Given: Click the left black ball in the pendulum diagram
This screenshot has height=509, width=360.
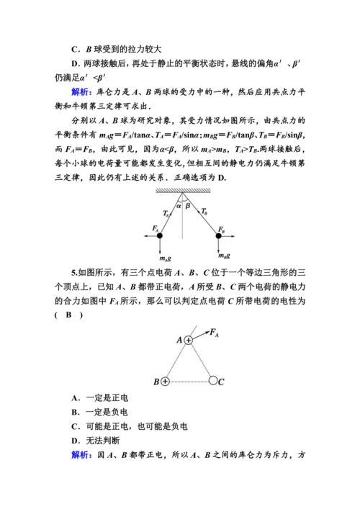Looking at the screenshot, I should click(x=158, y=235).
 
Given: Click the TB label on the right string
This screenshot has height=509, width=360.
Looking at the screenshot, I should click(x=204, y=212).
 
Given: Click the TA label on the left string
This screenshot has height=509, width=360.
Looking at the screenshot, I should click(x=166, y=213).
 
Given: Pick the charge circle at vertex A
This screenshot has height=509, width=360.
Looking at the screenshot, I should click(x=189, y=339).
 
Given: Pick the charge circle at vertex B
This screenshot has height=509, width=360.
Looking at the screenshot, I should click(x=164, y=381).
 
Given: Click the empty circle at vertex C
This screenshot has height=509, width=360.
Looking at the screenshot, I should click(x=213, y=381).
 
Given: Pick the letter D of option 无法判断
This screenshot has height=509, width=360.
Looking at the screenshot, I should click(x=74, y=441).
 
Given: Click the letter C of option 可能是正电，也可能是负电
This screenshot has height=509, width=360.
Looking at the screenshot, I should click(x=74, y=426).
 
